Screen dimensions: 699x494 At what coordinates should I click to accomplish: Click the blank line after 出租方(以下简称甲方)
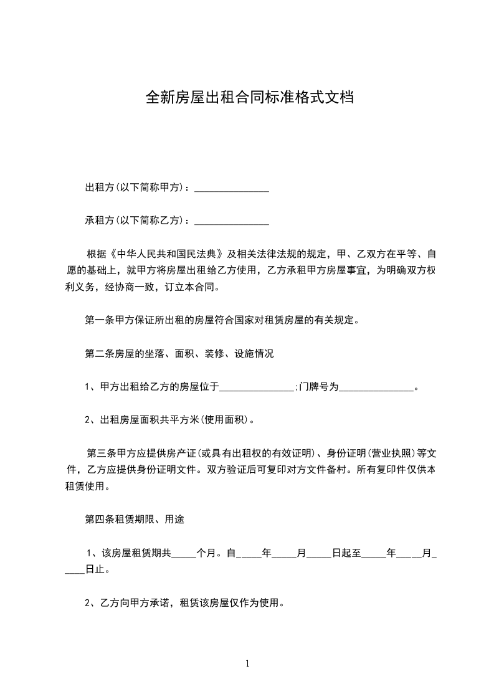[232, 188]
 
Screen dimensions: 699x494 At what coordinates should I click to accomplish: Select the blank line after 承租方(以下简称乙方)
[232, 221]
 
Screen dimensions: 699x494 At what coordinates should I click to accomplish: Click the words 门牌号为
[318, 388]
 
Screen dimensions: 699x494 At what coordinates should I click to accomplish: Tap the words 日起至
[346, 553]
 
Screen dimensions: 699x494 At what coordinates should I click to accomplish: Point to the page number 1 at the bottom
[247, 663]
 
